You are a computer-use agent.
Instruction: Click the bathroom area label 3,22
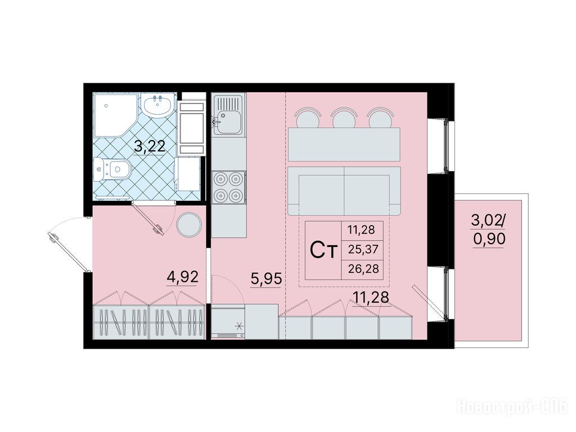pyautogui.click(x=150, y=147)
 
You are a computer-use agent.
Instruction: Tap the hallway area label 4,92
pyautogui.click(x=183, y=277)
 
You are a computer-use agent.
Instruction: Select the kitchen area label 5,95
pyautogui.click(x=266, y=279)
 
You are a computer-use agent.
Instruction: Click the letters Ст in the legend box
pyautogui.click(x=323, y=250)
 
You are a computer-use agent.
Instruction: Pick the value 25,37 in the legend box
pyautogui.click(x=363, y=250)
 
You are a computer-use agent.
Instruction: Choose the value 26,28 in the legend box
pyautogui.click(x=363, y=269)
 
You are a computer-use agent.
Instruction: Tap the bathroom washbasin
pyautogui.click(x=157, y=105)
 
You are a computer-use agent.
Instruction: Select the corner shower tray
pyautogui.click(x=114, y=115)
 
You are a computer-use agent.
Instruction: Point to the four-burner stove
pyautogui.click(x=228, y=187)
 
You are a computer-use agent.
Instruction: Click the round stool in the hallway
pyautogui.click(x=189, y=225)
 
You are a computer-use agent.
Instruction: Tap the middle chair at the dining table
pyautogui.click(x=344, y=118)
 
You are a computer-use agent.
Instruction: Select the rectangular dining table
pyautogui.click(x=344, y=144)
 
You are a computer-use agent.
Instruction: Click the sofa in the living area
pyautogui.click(x=344, y=191)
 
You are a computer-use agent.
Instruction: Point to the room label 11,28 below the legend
pyautogui.click(x=371, y=297)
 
